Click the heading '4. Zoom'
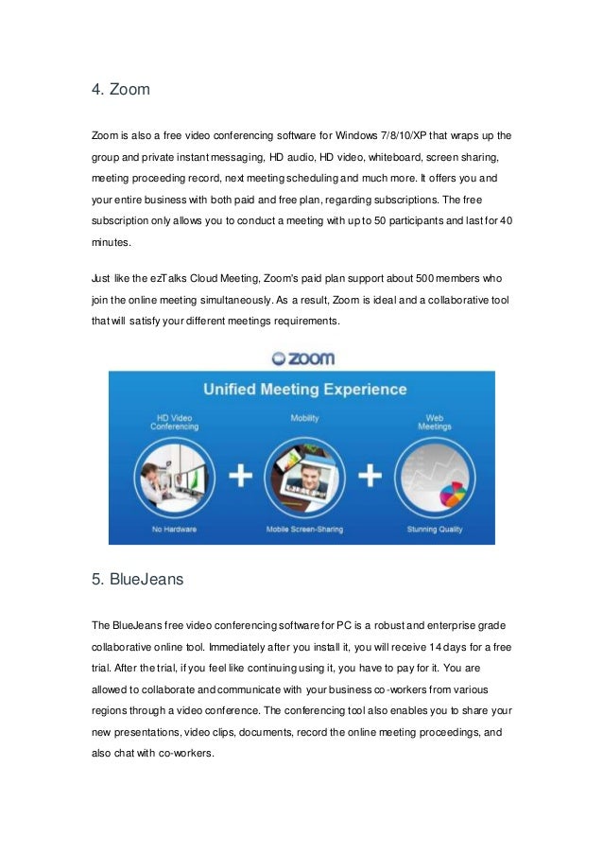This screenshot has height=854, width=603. [x=121, y=91]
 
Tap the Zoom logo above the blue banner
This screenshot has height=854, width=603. [x=302, y=358]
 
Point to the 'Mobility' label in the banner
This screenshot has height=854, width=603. [x=304, y=416]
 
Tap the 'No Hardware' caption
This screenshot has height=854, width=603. [x=176, y=529]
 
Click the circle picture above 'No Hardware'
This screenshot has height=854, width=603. [x=174, y=475]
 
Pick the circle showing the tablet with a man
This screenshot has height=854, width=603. [x=304, y=473]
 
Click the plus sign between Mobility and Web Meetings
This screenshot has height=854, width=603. [x=371, y=475]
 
